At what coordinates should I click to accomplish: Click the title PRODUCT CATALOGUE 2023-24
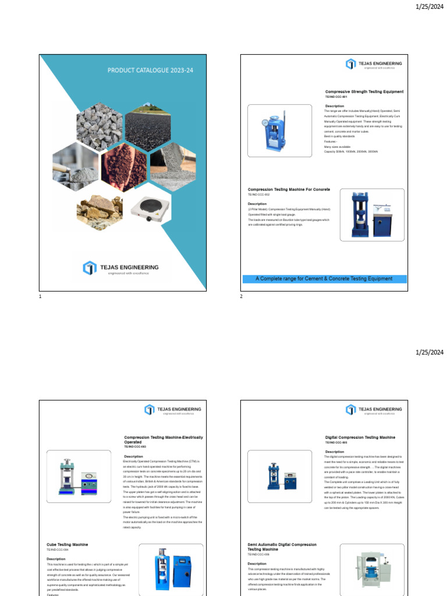click(150, 70)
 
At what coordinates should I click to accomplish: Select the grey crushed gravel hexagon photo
click(100, 123)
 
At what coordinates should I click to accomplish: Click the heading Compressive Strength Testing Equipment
click(364, 92)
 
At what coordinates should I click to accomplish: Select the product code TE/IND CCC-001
click(335, 97)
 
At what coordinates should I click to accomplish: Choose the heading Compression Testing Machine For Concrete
click(289, 190)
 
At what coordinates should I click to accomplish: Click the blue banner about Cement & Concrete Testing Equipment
click(324, 279)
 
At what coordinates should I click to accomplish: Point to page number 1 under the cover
click(40, 297)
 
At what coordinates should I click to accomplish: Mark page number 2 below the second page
click(241, 297)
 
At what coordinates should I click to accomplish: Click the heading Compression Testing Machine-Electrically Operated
click(164, 439)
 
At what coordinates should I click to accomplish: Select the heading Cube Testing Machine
click(68, 545)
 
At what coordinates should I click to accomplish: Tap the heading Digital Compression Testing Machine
click(360, 437)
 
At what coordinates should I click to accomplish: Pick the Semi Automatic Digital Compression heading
click(282, 547)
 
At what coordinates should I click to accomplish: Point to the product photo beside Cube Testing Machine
click(171, 570)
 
